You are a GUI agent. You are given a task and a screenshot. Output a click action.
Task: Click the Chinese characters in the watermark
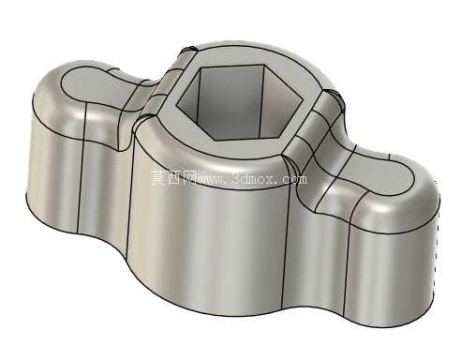[173, 178]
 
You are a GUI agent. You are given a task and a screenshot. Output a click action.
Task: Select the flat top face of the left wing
[91, 84]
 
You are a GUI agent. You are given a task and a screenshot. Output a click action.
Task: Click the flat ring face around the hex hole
[237, 148]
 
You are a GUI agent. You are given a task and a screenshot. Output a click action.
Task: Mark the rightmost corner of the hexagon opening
[304, 100]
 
